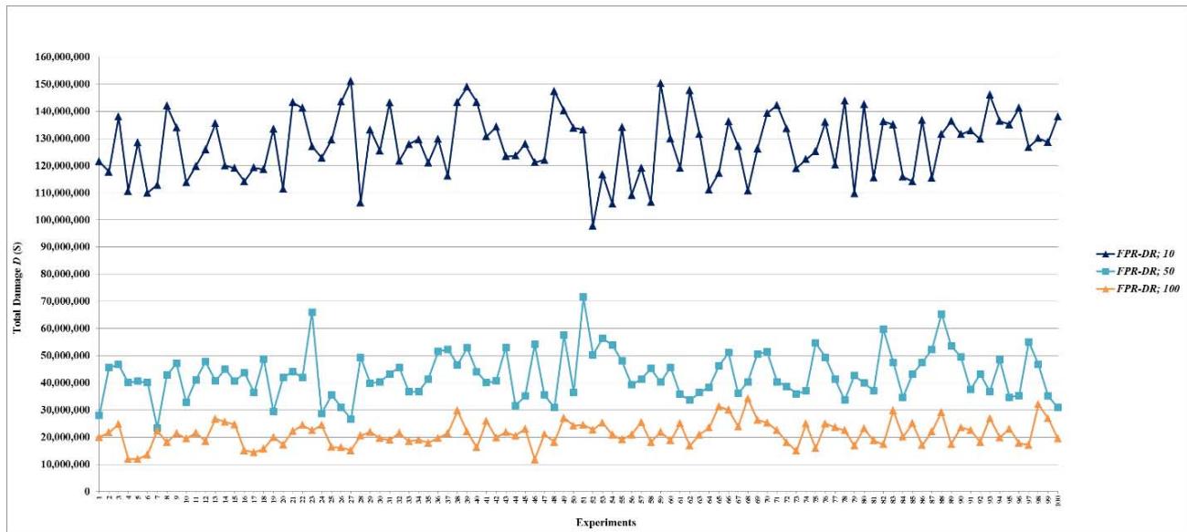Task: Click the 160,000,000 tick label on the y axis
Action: [60, 57]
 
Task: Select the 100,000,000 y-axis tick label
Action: [60, 220]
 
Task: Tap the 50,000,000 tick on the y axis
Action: [63, 356]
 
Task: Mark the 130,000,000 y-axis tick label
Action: [60, 139]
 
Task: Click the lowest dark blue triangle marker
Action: [593, 225]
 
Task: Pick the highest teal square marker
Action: [583, 297]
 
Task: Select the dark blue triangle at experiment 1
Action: [99, 162]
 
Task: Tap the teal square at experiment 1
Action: [99, 415]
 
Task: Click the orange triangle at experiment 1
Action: [99, 437]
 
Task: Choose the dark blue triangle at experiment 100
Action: [1058, 117]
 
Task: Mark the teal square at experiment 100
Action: [1058, 407]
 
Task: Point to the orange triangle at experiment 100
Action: [1058, 439]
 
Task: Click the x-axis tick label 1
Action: [99, 498]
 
